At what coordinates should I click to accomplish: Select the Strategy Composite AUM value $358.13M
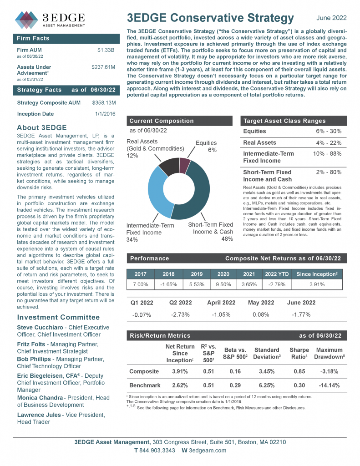click(x=104, y=103)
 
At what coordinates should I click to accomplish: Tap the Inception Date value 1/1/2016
click(x=105, y=114)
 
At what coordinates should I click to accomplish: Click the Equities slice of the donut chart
click(x=184, y=165)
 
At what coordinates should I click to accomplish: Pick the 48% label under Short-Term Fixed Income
click(x=226, y=239)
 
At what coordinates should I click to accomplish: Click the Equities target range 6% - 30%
click(x=329, y=131)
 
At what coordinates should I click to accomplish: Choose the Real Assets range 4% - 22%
click(x=329, y=143)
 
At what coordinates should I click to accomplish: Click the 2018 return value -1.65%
click(x=169, y=284)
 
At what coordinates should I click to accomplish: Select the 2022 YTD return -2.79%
click(x=277, y=284)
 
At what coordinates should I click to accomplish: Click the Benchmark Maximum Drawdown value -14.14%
click(x=329, y=385)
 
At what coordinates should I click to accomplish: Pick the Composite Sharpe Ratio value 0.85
click(x=299, y=371)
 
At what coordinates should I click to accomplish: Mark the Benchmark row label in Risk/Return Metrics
click(x=144, y=385)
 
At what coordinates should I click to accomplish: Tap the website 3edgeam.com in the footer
click(x=208, y=451)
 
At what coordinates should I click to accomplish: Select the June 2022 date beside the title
click(x=331, y=18)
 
